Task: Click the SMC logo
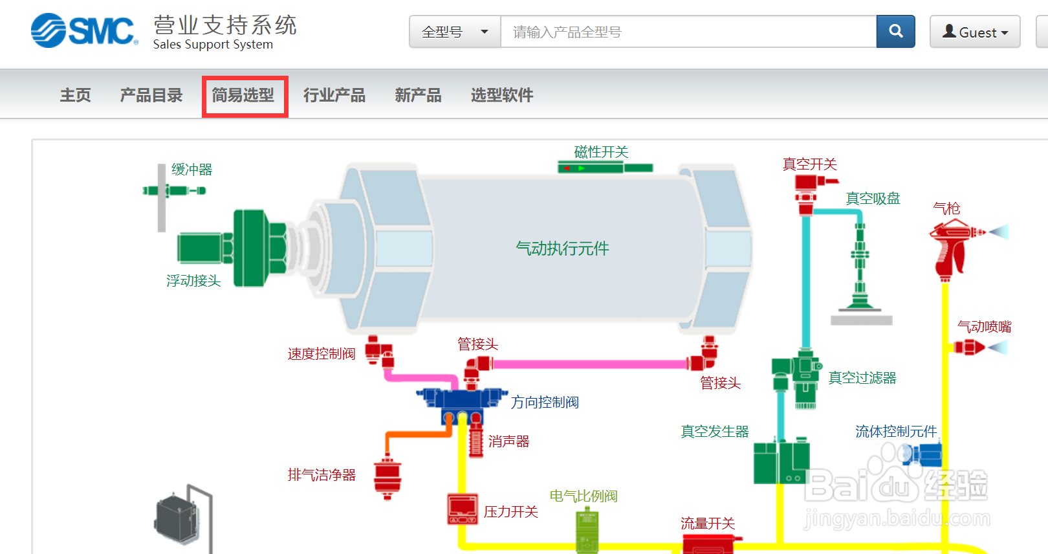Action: pos(84,30)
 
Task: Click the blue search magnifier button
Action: pos(895,31)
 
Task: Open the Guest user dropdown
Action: pos(974,32)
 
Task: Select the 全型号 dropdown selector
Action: pos(455,32)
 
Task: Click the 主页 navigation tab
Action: pos(76,96)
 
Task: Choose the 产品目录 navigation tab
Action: pos(151,96)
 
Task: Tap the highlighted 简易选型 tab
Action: pos(244,96)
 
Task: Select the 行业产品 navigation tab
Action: pos(334,96)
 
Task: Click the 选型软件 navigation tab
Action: pos(502,96)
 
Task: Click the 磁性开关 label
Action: pos(601,152)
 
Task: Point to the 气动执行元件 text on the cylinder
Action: pos(562,249)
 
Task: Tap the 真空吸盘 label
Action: pos(873,199)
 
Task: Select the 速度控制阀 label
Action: pos(322,354)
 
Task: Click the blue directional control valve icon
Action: pos(461,401)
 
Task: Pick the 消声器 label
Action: pos(508,441)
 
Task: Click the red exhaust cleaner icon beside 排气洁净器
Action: pos(388,478)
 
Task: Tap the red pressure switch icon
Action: pos(463,509)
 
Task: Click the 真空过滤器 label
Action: pos(862,378)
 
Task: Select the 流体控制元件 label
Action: pos(896,432)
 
